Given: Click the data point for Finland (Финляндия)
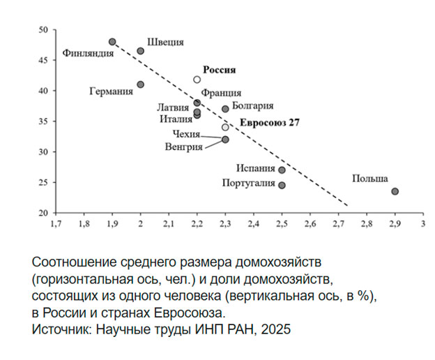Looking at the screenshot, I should (x=112, y=42).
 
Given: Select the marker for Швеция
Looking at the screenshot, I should (x=141, y=51).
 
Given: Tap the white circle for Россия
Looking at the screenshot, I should (x=197, y=80).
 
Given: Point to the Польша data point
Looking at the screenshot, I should (x=395, y=191).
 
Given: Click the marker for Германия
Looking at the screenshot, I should (x=141, y=84).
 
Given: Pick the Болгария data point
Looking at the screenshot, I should (x=225, y=109).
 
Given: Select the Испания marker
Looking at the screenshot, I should (x=282, y=170).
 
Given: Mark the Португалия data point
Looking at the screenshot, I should (x=282, y=186).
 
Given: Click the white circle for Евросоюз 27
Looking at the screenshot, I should (x=225, y=127).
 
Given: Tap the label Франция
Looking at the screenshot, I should (x=221, y=93).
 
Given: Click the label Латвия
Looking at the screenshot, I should (x=173, y=107).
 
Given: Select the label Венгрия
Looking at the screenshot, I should (x=184, y=147).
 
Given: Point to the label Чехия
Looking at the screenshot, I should (x=186, y=133).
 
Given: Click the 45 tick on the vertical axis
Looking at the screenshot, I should (x=43, y=61).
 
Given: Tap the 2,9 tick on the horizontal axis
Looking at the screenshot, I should (x=395, y=225).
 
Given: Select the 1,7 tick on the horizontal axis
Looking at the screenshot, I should (x=56, y=225).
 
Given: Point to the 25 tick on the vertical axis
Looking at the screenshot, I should (x=43, y=183).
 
